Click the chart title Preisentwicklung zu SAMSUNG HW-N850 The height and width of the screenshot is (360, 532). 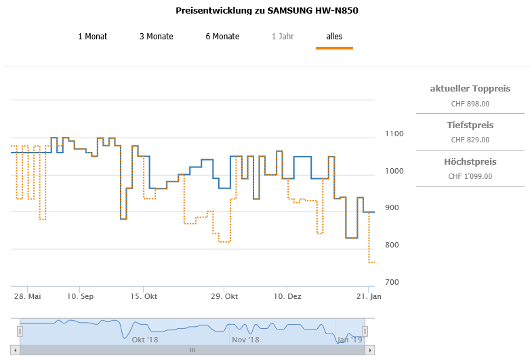coord(266,10)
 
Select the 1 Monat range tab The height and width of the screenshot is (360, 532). coord(92,37)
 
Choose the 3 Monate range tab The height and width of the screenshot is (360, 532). coord(157,37)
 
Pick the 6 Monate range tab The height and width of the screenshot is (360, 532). coord(222,37)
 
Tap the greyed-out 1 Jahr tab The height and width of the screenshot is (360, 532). coord(283,37)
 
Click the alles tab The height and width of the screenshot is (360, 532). coord(334,37)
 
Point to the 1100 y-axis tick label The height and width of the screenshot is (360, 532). coord(394,134)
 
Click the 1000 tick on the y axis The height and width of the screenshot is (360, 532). coord(394,171)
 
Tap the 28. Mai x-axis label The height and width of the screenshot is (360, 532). coord(28,297)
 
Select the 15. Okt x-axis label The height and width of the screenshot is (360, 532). coord(145,297)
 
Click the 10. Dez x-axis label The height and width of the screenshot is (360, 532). coord(288,297)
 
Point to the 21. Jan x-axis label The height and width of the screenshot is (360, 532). coord(369,297)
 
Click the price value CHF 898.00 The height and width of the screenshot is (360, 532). coord(470,104)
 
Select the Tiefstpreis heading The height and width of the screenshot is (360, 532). coord(470,125)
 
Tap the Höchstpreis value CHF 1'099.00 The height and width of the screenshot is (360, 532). coord(470,176)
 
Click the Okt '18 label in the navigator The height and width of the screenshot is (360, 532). coord(144,340)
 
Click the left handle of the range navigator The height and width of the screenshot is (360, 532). coord(20,331)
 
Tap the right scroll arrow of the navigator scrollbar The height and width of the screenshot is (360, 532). coord(369,351)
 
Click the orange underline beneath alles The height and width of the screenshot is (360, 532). coord(334,48)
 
